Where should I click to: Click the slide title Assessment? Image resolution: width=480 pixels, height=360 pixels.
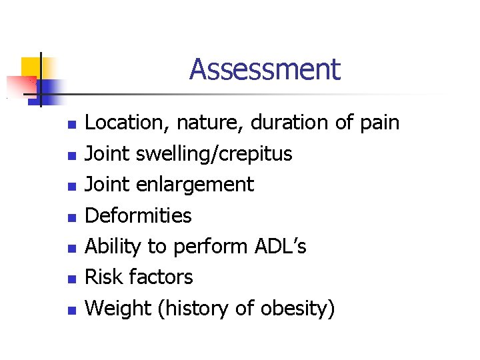pos(265,69)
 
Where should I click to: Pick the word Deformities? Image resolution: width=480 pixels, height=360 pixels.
pos(139,215)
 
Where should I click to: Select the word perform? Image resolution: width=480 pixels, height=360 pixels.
pos(211,247)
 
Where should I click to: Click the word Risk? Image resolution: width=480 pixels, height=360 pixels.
pos(101,277)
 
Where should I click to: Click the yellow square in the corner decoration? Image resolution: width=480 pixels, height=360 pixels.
pos(31,67)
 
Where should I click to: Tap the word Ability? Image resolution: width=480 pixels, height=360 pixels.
pos(113,247)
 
